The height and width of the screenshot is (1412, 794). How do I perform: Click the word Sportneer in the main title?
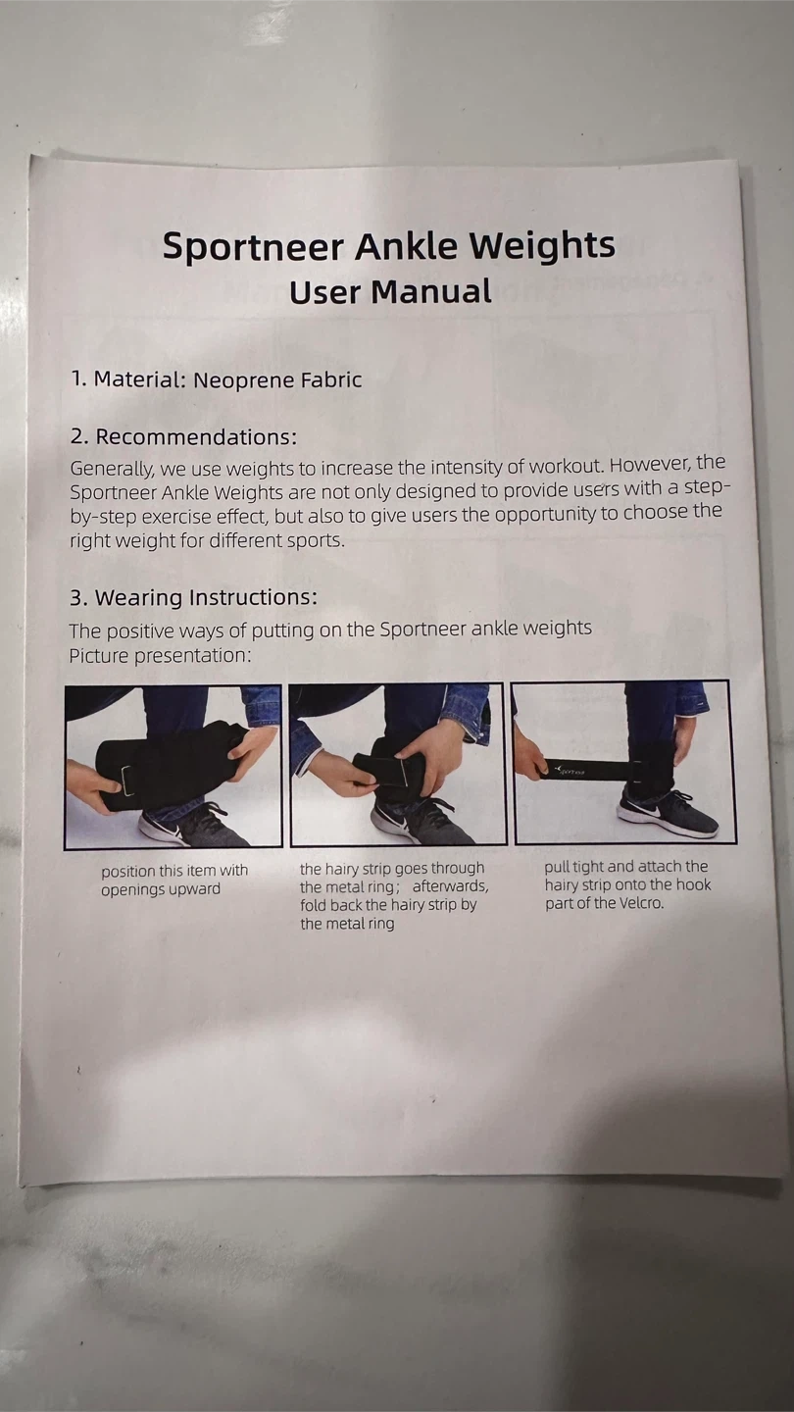point(254,246)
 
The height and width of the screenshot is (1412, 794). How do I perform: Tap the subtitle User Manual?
point(390,292)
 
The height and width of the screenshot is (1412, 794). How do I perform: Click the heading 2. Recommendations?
point(183,437)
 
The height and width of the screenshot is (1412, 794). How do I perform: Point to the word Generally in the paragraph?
point(111,469)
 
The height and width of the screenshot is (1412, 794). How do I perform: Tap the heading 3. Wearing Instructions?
point(193,597)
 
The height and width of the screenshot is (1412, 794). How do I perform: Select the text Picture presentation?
point(160,656)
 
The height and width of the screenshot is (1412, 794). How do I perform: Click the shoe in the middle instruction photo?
point(420,820)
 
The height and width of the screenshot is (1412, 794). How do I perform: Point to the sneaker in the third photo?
point(668,813)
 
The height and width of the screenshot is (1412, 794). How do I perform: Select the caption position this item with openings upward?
point(174,880)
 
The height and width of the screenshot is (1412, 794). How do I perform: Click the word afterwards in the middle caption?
point(450,886)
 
